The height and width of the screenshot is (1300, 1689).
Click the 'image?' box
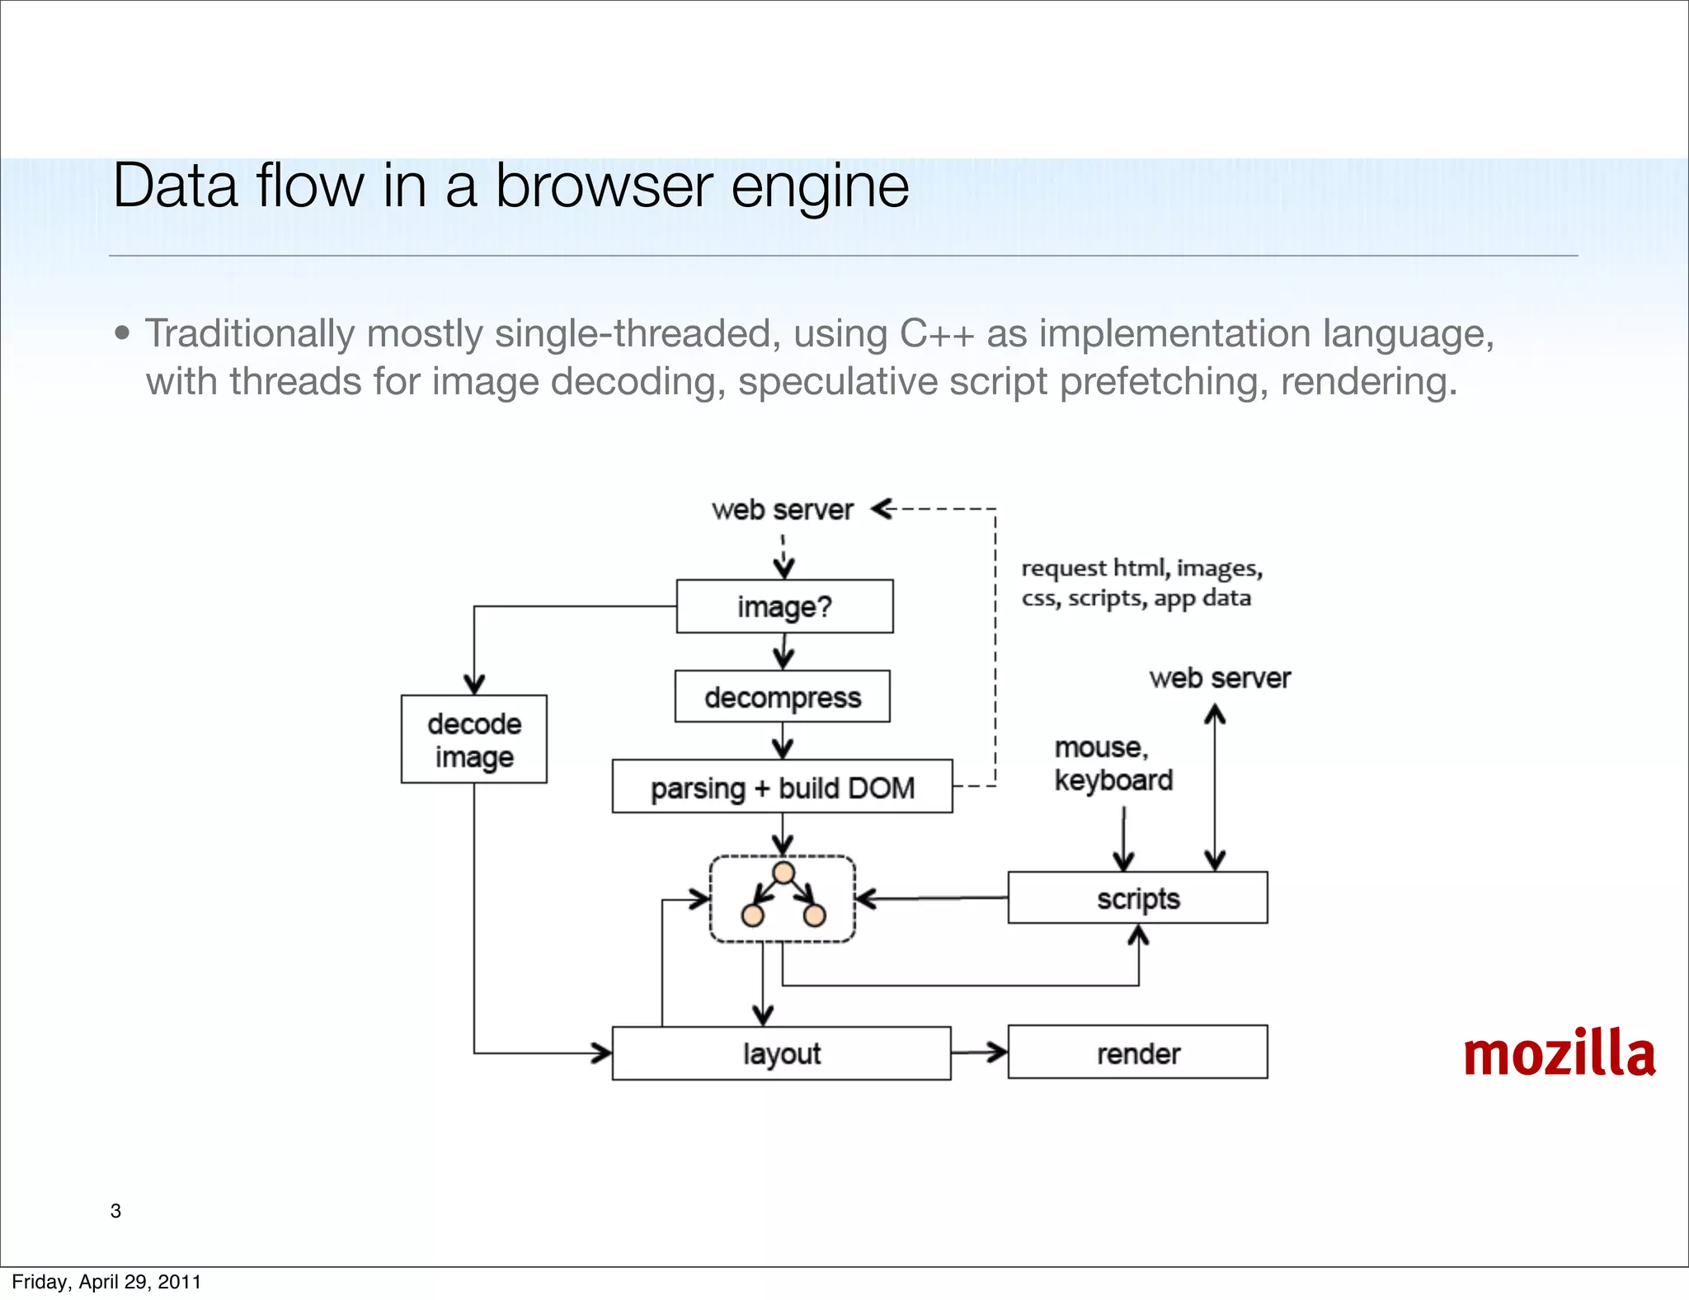pyautogui.click(x=784, y=606)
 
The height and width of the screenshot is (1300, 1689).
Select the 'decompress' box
pyautogui.click(x=782, y=697)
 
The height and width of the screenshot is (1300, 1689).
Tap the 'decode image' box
pyautogui.click(x=474, y=739)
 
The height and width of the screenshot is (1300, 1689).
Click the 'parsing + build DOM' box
pyautogui.click(x=782, y=787)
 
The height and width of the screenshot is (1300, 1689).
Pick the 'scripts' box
pyautogui.click(x=1137, y=897)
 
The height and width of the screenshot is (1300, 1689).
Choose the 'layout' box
pyautogui.click(x=781, y=1053)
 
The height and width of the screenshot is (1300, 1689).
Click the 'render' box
pyautogui.click(x=1137, y=1053)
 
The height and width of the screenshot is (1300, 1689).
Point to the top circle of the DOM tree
pyautogui.click(x=783, y=873)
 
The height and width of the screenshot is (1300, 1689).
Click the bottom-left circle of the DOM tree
pyautogui.click(x=752, y=916)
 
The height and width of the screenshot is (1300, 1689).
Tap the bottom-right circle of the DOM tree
pyautogui.click(x=815, y=916)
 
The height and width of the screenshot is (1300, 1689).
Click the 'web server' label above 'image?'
pyautogui.click(x=782, y=510)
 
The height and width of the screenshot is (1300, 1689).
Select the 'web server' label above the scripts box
pyautogui.click(x=1220, y=678)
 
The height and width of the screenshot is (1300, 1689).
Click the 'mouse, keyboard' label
pyautogui.click(x=1113, y=764)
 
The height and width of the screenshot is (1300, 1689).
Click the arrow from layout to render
pyautogui.click(x=979, y=1053)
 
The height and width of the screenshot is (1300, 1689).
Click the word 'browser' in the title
pyautogui.click(x=604, y=186)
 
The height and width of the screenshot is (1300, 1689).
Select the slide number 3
pyautogui.click(x=115, y=1211)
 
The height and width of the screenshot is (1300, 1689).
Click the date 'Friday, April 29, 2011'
pyautogui.click(x=106, y=1282)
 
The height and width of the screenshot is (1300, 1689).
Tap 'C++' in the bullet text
pyautogui.click(x=937, y=334)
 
